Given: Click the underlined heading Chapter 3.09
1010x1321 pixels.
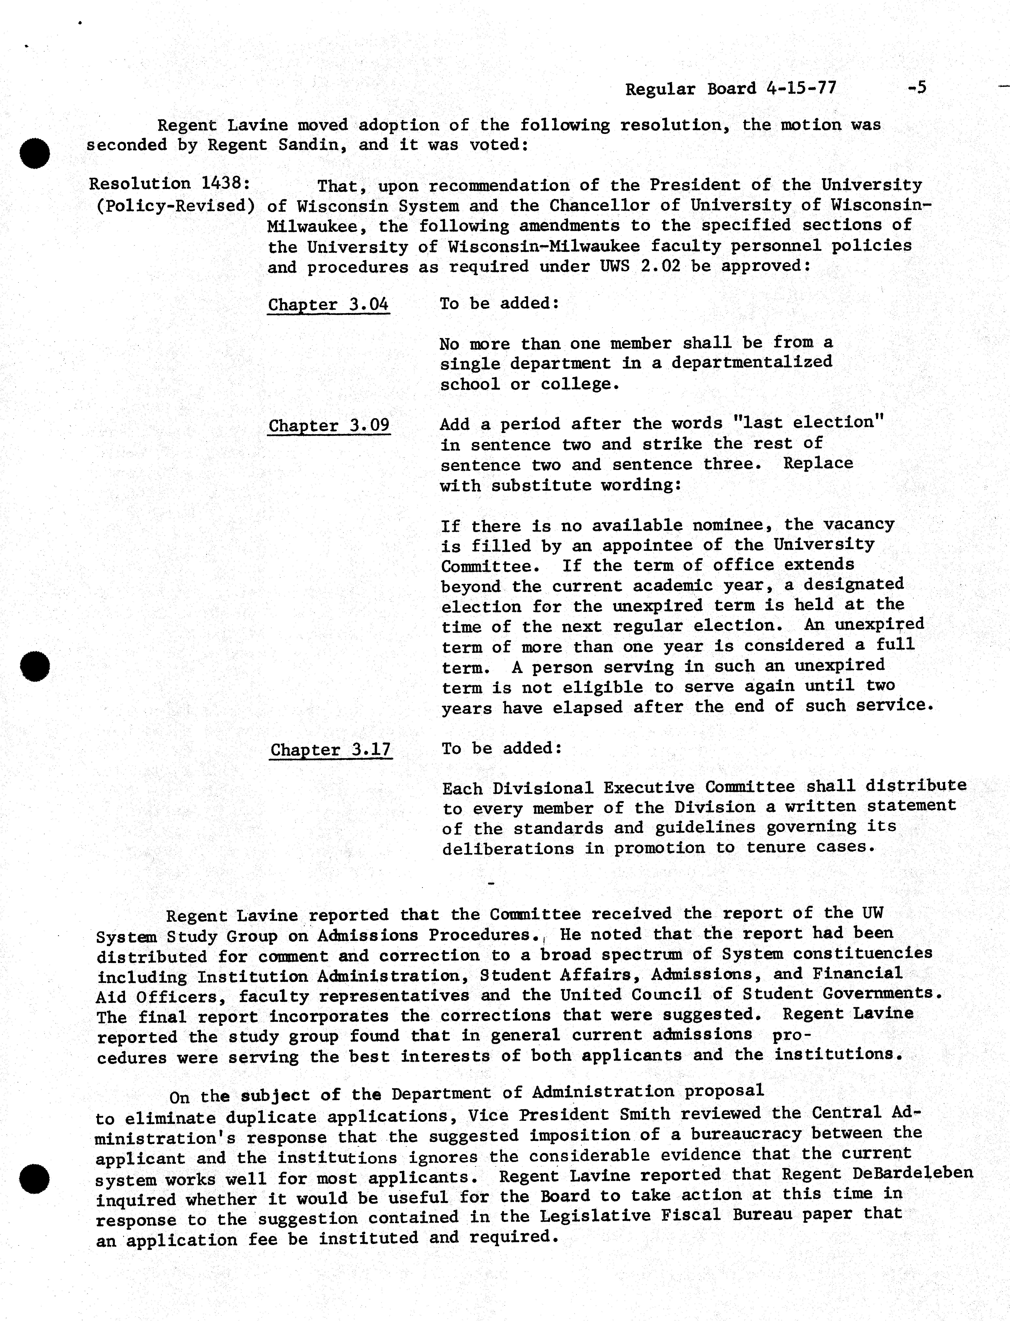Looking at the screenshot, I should [x=329, y=425].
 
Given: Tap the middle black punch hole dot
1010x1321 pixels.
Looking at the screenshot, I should [x=34, y=666].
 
